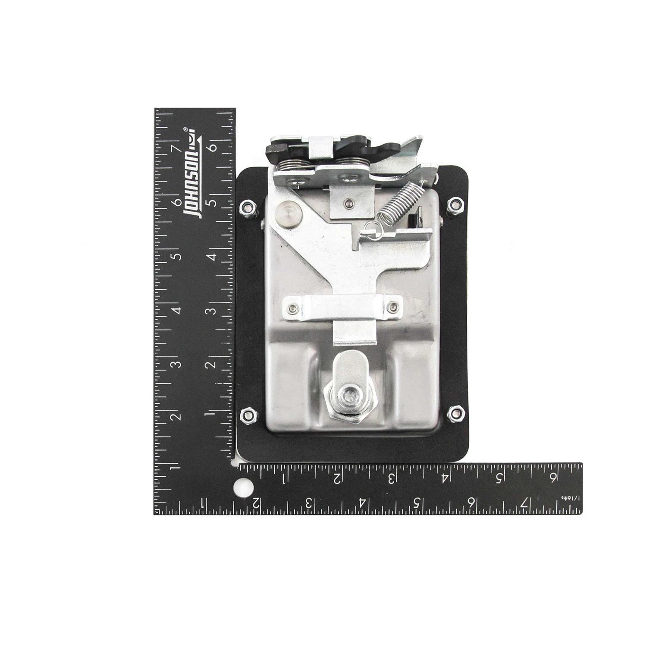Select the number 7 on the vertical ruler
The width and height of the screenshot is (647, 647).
point(176,148)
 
